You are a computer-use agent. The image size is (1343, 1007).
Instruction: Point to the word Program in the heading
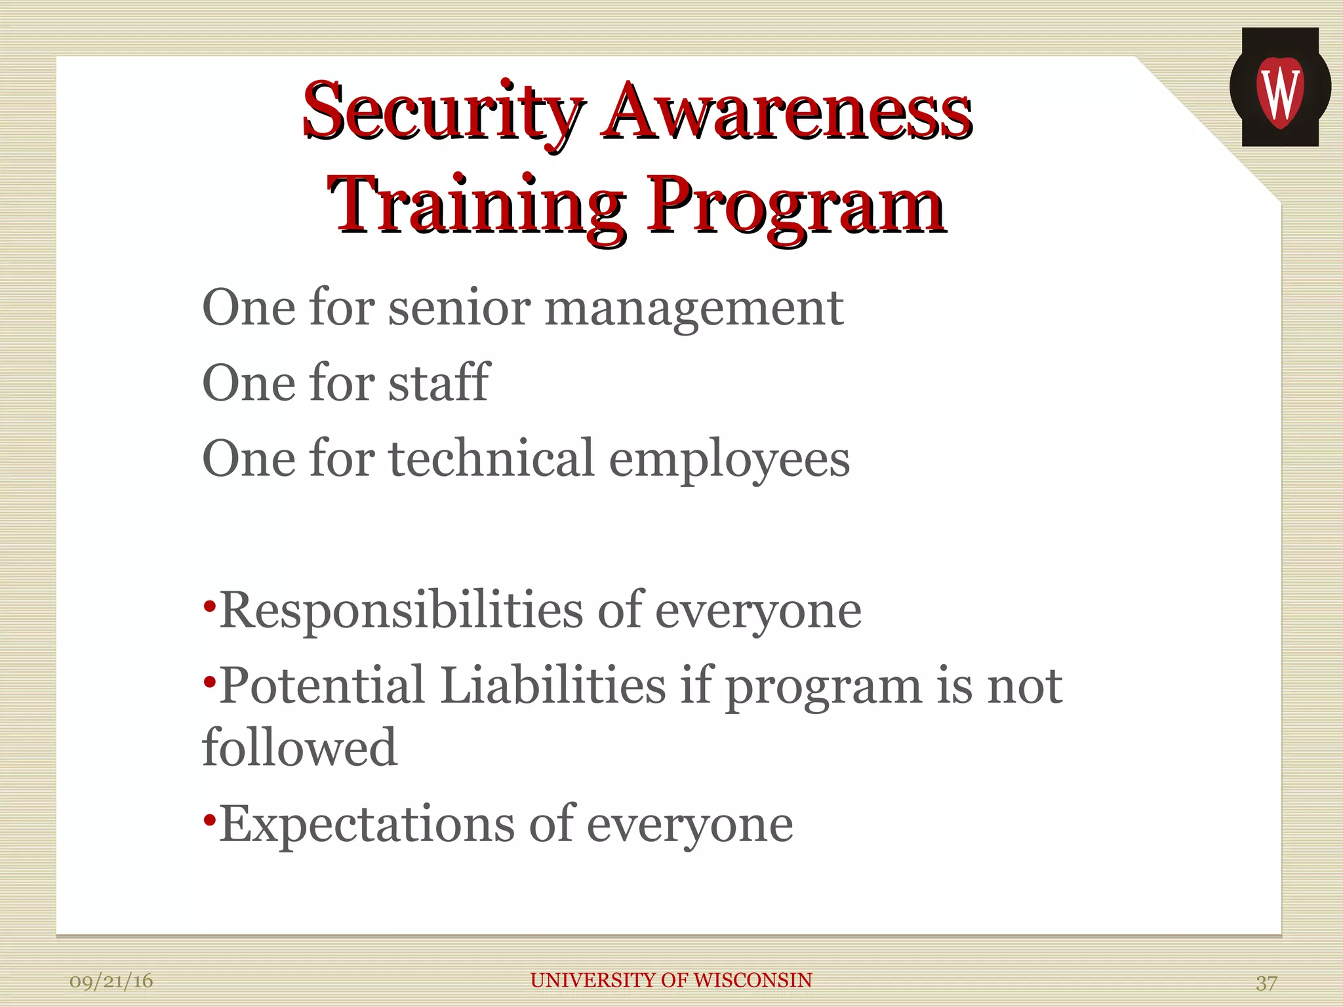[x=796, y=206]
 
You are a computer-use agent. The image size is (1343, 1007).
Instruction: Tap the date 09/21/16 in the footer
[x=111, y=981]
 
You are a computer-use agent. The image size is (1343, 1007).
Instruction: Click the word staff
[x=439, y=382]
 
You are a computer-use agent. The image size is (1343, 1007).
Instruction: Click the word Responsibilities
[x=401, y=610]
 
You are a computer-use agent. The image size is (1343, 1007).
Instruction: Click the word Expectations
[x=367, y=824]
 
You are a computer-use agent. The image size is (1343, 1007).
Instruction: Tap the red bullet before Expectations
[x=209, y=820]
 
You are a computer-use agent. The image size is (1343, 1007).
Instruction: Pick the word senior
[x=459, y=308]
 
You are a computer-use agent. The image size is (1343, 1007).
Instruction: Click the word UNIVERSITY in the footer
[x=593, y=980]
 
